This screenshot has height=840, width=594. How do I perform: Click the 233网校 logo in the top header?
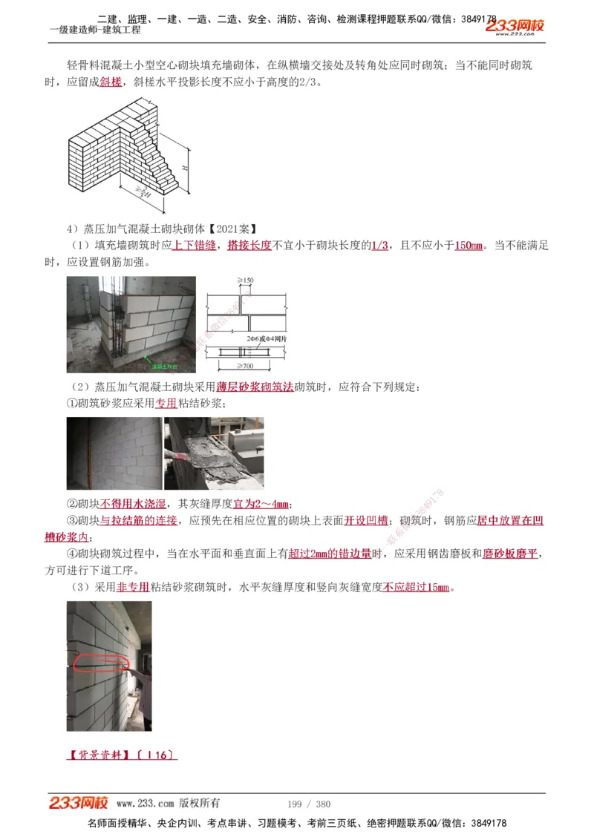tap(515, 27)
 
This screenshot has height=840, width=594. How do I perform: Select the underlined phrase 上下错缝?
tap(194, 245)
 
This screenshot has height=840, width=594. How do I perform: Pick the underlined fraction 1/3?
tap(379, 245)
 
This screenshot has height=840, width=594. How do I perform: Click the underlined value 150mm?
tap(469, 245)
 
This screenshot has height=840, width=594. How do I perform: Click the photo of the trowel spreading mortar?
tap(214, 453)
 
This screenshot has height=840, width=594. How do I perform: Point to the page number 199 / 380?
tap(308, 804)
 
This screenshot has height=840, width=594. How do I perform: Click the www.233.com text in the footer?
tap(146, 804)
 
